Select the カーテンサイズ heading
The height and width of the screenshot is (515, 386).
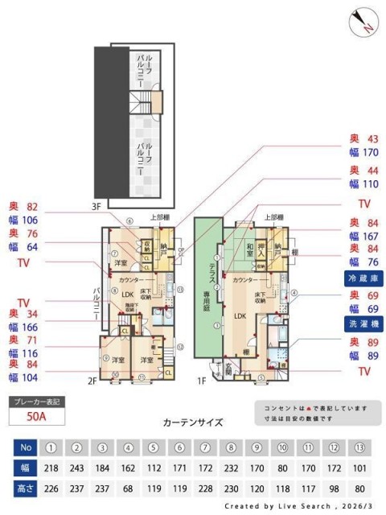(192, 422)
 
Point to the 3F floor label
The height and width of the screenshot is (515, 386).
(97, 207)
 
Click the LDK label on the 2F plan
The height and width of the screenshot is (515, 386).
(127, 294)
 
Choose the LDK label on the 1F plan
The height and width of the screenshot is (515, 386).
(240, 315)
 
